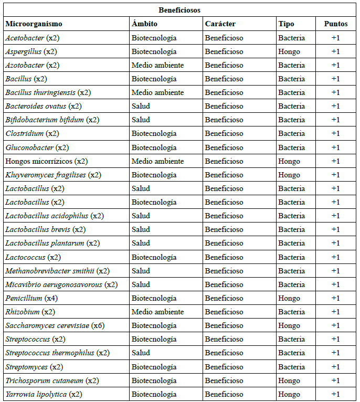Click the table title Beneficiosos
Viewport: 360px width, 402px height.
point(179,10)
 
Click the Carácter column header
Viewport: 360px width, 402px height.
point(220,24)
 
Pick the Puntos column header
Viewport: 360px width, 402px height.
point(335,24)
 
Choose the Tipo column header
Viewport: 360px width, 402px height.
point(286,24)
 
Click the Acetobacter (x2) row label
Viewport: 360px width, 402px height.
point(33,38)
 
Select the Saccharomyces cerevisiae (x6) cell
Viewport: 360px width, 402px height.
point(55,325)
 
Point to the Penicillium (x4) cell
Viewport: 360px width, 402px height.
point(32,298)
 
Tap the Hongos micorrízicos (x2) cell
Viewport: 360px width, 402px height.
point(47,161)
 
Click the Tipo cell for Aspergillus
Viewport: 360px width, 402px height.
point(289,51)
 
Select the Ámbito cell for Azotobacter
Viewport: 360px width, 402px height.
point(157,65)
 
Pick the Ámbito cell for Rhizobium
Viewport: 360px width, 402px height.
point(157,312)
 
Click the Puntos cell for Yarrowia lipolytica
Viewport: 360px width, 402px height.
point(335,394)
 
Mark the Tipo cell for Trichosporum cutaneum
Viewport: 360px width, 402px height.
point(289,380)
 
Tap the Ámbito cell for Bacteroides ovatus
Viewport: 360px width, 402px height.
point(141,106)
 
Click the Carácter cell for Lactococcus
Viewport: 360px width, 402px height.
point(224,257)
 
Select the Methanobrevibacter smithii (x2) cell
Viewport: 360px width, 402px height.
point(58,271)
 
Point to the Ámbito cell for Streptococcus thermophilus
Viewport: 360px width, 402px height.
point(141,353)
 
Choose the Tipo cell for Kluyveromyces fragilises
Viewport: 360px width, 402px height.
point(289,175)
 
